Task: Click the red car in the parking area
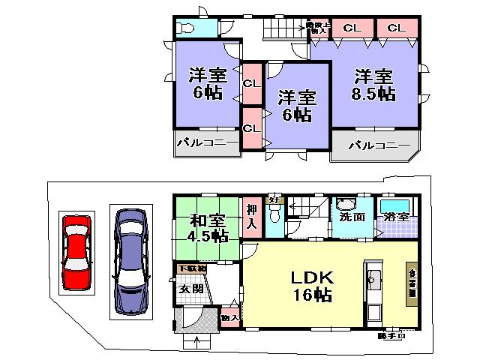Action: coord(76,253)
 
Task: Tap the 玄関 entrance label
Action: coord(190,289)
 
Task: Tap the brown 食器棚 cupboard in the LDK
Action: coord(412,284)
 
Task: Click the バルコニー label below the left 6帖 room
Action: coord(207,141)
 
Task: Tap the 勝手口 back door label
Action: coord(392,335)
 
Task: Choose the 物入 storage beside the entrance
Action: coord(229,319)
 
